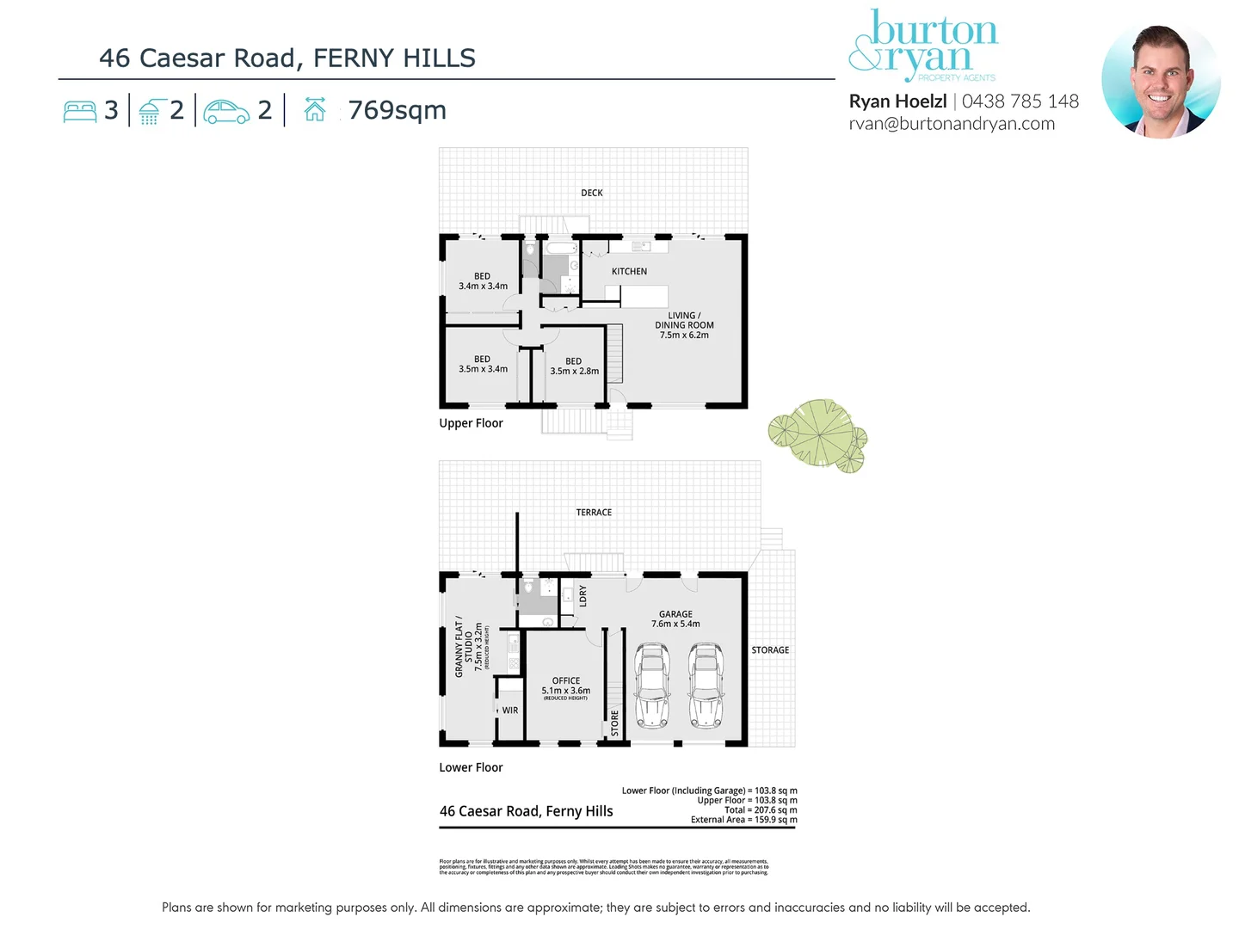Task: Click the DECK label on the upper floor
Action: click(592, 193)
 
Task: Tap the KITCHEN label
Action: click(629, 271)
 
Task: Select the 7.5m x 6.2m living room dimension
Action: click(684, 335)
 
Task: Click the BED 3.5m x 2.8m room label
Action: click(574, 366)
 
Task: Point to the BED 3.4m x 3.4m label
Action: click(483, 281)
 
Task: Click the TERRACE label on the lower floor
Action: click(594, 513)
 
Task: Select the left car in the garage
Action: click(651, 685)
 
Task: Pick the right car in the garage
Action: click(706, 685)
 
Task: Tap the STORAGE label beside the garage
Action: click(770, 650)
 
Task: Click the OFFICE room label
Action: click(566, 686)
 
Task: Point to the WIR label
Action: click(510, 711)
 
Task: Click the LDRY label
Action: click(583, 596)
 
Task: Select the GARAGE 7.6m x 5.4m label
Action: click(675, 619)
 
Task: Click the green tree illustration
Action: click(818, 434)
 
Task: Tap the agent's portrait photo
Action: click(1161, 82)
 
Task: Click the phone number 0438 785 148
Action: click(1020, 102)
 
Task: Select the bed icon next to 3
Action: click(80, 112)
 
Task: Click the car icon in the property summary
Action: click(226, 112)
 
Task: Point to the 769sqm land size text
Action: click(397, 111)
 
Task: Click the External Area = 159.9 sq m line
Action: click(743, 820)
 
